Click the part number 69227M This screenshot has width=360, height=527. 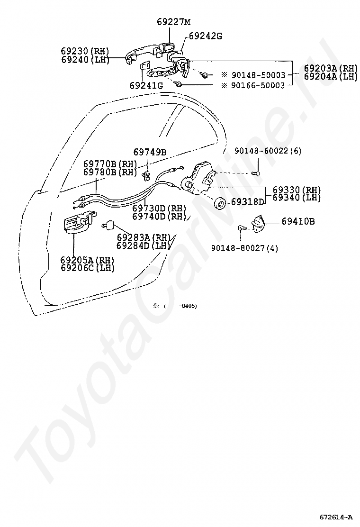tap(173, 21)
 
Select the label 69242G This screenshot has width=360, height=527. tap(205, 36)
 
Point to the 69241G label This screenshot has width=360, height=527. tap(146, 86)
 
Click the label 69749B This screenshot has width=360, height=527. tap(150, 152)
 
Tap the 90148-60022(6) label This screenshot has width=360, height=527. tap(268, 151)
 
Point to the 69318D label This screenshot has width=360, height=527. tap(247, 202)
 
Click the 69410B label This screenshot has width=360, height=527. tap(298, 221)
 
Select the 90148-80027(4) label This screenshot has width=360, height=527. tap(244, 248)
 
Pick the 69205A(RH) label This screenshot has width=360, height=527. tap(88, 260)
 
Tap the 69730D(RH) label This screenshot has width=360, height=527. tap(159, 208)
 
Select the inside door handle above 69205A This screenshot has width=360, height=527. tap(75, 223)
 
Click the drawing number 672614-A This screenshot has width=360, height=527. tap(336, 517)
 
